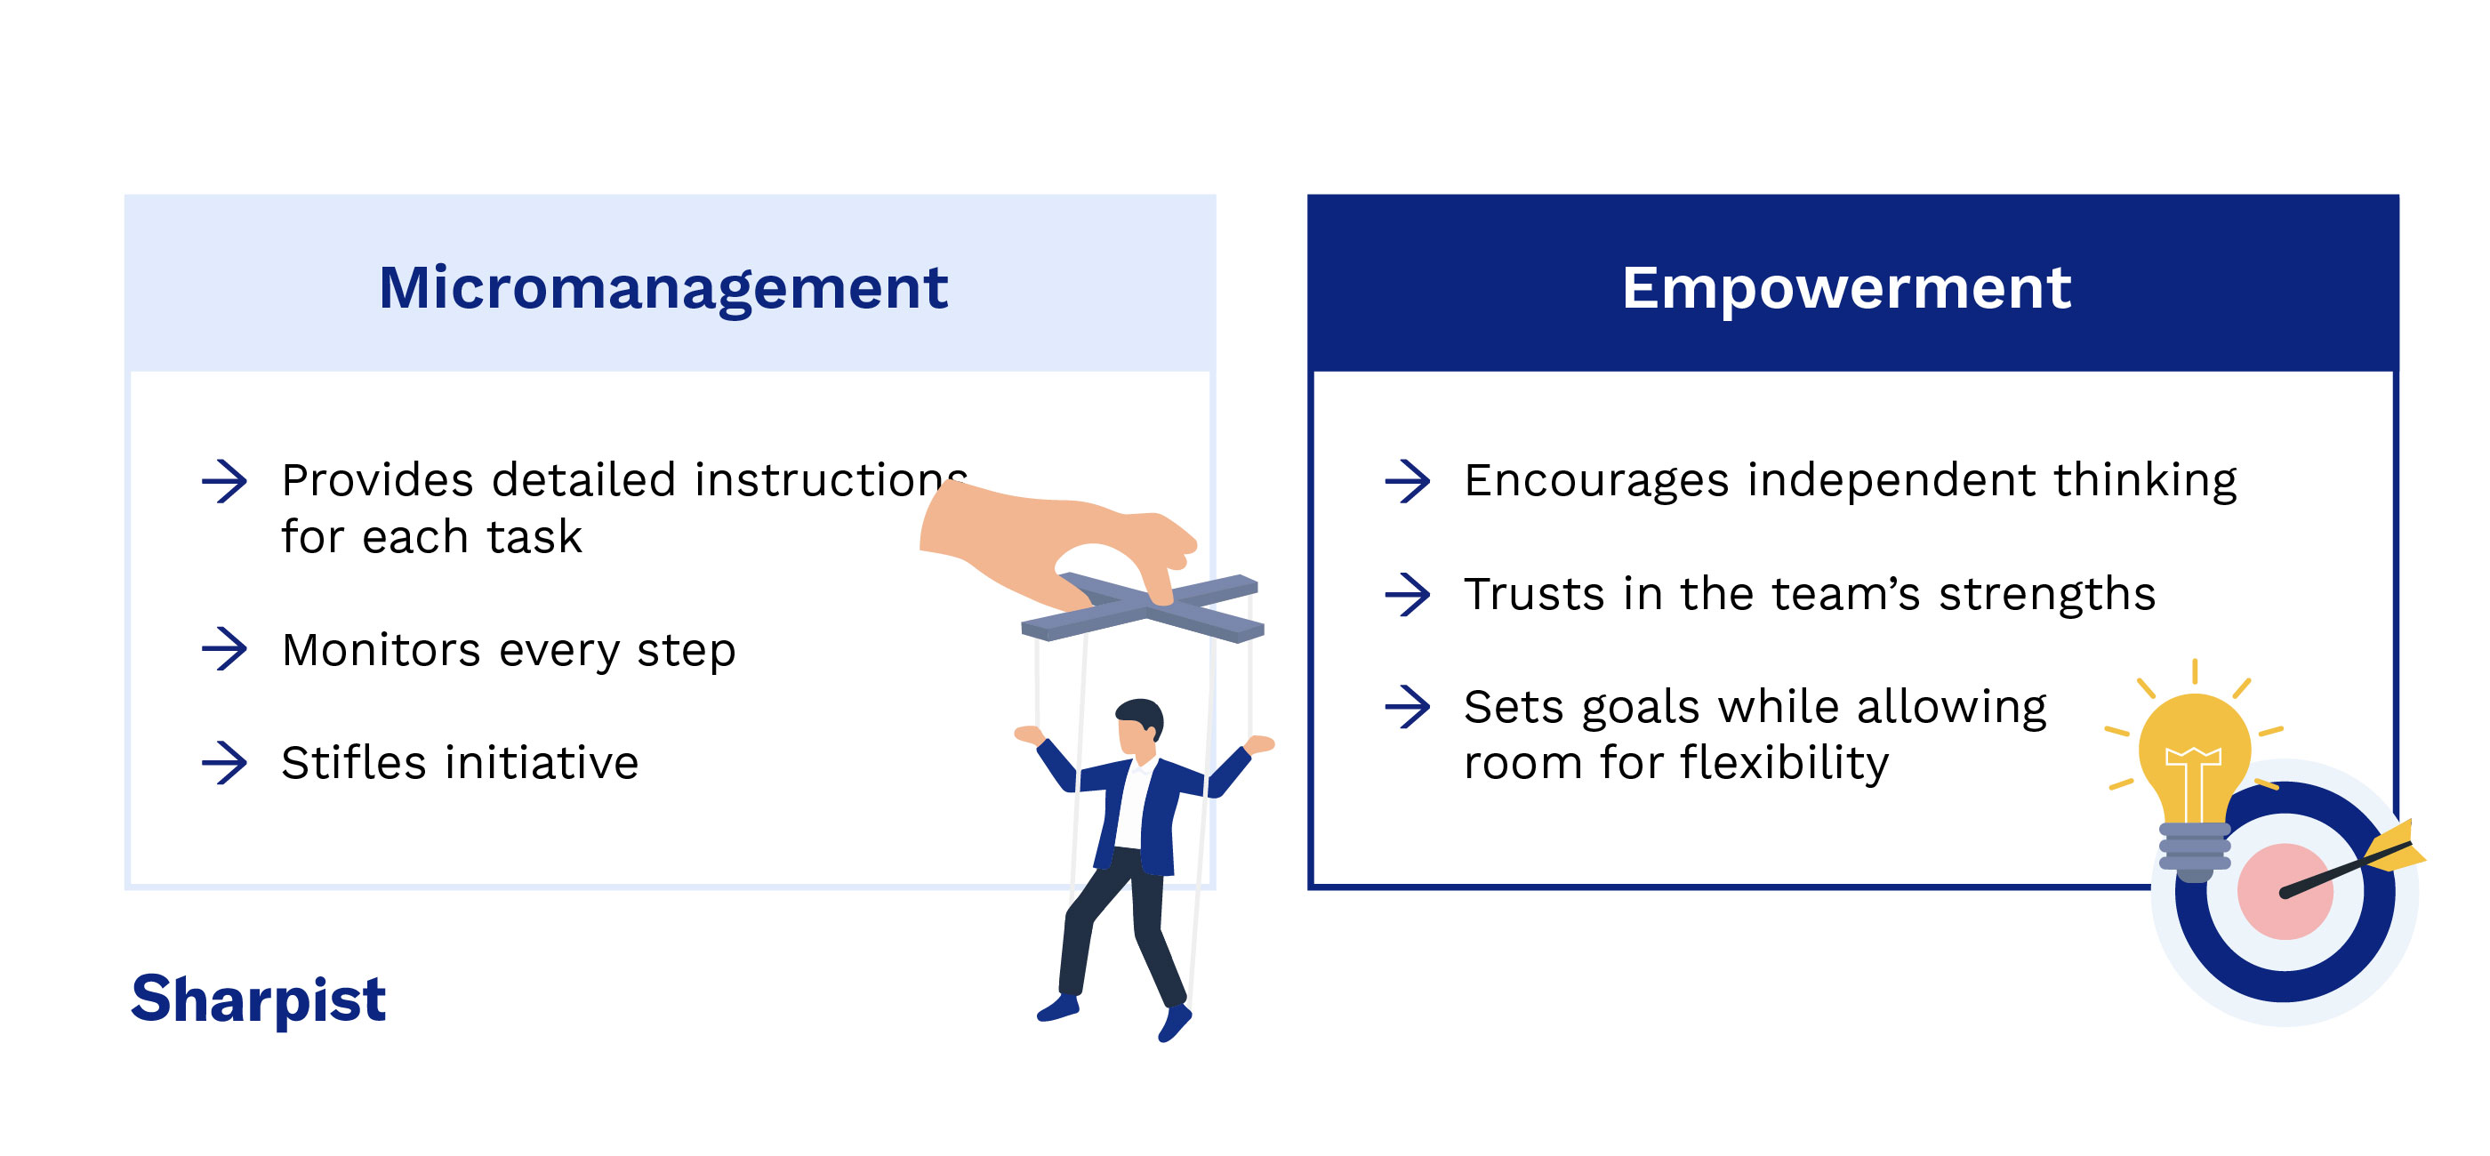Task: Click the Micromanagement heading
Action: (663, 288)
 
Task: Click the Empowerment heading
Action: (1846, 288)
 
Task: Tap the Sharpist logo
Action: (258, 999)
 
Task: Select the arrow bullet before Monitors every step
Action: (225, 648)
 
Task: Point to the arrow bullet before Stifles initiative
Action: (225, 763)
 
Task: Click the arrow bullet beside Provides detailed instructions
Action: (225, 481)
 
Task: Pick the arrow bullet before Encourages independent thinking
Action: (1408, 481)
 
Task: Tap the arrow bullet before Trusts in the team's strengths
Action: (1408, 594)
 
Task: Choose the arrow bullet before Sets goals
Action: (1408, 707)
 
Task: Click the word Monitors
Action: (381, 649)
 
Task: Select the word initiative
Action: (542, 763)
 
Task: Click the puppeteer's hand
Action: (1044, 542)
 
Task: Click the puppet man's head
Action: (1138, 725)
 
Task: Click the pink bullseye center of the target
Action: (2283, 891)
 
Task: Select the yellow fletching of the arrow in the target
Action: (2394, 847)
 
